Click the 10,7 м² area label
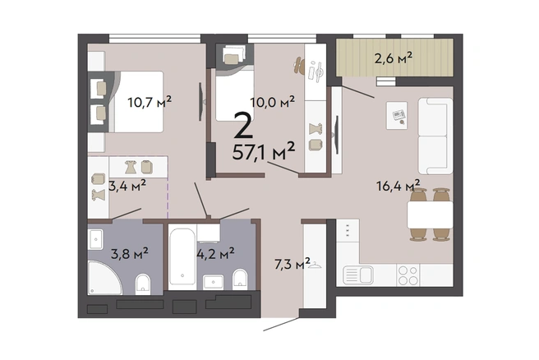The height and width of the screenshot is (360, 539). pyautogui.click(x=150, y=102)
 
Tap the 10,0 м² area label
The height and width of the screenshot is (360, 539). pyautogui.click(x=272, y=102)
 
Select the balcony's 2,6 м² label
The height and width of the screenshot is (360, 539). pyautogui.click(x=394, y=58)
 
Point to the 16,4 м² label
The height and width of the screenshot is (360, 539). pyautogui.click(x=398, y=186)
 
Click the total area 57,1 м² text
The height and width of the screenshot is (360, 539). pyautogui.click(x=264, y=151)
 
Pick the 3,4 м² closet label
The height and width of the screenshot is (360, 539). pyautogui.click(x=127, y=186)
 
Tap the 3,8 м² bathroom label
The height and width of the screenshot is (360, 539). pyautogui.click(x=130, y=254)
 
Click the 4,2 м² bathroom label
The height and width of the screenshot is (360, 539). pyautogui.click(x=215, y=254)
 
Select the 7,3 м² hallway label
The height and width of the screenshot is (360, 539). pyautogui.click(x=293, y=264)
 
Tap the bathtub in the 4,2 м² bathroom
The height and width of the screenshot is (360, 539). pyautogui.click(x=182, y=256)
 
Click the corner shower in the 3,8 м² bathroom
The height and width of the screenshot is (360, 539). pyautogui.click(x=104, y=278)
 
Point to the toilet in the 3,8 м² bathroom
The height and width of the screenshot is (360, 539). pyautogui.click(x=143, y=284)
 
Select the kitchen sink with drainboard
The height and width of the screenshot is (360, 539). pyautogui.click(x=358, y=275)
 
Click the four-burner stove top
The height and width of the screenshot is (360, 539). pyautogui.click(x=408, y=275)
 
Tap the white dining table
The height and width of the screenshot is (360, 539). pyautogui.click(x=430, y=215)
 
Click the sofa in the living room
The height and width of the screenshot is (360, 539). pyautogui.click(x=435, y=136)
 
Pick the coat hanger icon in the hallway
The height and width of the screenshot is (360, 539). pyautogui.click(x=316, y=265)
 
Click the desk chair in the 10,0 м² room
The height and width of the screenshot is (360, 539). pyautogui.click(x=299, y=65)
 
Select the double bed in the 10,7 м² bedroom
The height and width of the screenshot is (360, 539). pyautogui.click(x=137, y=102)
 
